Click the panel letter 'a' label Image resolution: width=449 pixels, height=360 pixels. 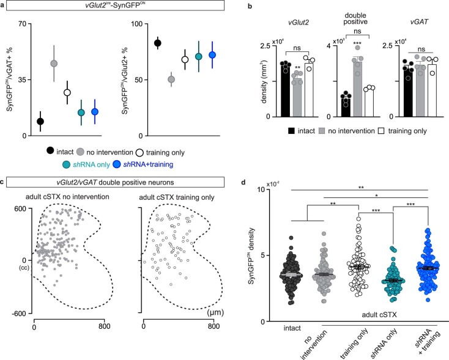click(4, 6)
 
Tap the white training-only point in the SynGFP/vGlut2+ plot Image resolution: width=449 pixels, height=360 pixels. click(185, 59)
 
